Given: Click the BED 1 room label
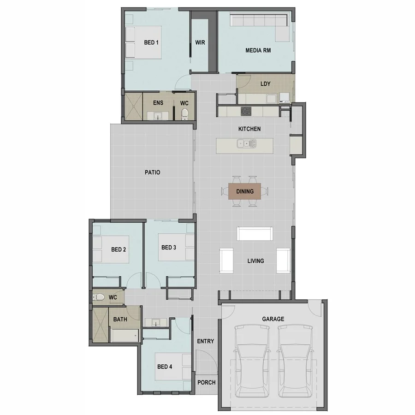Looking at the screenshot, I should pyautogui.click(x=151, y=42).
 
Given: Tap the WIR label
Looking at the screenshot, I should pyautogui.click(x=200, y=42).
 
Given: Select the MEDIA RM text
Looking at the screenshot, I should pyautogui.click(x=258, y=51).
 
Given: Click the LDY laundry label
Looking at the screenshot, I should pyautogui.click(x=265, y=84).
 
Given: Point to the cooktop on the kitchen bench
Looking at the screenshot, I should pyautogui.click(x=246, y=111).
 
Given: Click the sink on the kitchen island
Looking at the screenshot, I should pyautogui.click(x=247, y=144).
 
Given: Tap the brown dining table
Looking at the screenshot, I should pyautogui.click(x=244, y=191).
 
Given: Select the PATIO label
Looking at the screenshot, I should pyautogui.click(x=152, y=172).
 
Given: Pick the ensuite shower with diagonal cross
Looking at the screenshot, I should pyautogui.click(x=133, y=107).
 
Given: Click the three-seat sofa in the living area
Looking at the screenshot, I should pyautogui.click(x=254, y=233).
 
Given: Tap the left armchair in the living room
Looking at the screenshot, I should pyautogui.click(x=226, y=261).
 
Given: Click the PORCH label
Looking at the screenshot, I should pyautogui.click(x=206, y=382).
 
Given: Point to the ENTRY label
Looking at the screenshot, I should pyautogui.click(x=205, y=341).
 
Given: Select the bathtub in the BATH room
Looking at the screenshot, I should pyautogui.click(x=125, y=336).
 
